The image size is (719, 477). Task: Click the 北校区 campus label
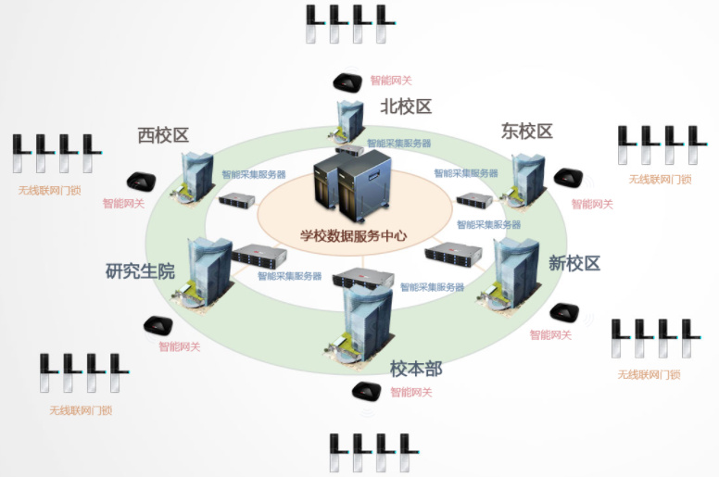406,107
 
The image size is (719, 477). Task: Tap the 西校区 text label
162,135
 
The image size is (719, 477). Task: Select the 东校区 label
526,132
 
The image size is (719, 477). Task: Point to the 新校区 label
574,263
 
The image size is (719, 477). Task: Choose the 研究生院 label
140,271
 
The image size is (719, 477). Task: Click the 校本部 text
416,368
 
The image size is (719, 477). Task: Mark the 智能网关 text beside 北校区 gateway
391,81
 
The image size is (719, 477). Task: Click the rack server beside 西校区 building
237,198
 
